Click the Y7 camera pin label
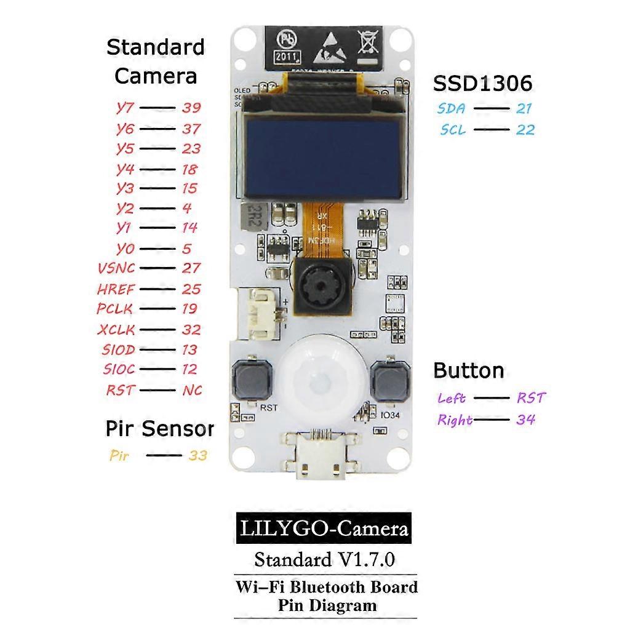125,107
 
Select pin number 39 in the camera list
191,108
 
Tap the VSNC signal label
116,268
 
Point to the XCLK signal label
116,330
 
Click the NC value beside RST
192,390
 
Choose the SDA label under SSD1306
452,109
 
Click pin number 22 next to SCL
525,130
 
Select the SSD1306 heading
482,84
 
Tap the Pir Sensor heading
159,429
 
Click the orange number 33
197,456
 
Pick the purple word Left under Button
452,398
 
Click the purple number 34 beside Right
525,420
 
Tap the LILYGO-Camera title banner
323,528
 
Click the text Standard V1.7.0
324,560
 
